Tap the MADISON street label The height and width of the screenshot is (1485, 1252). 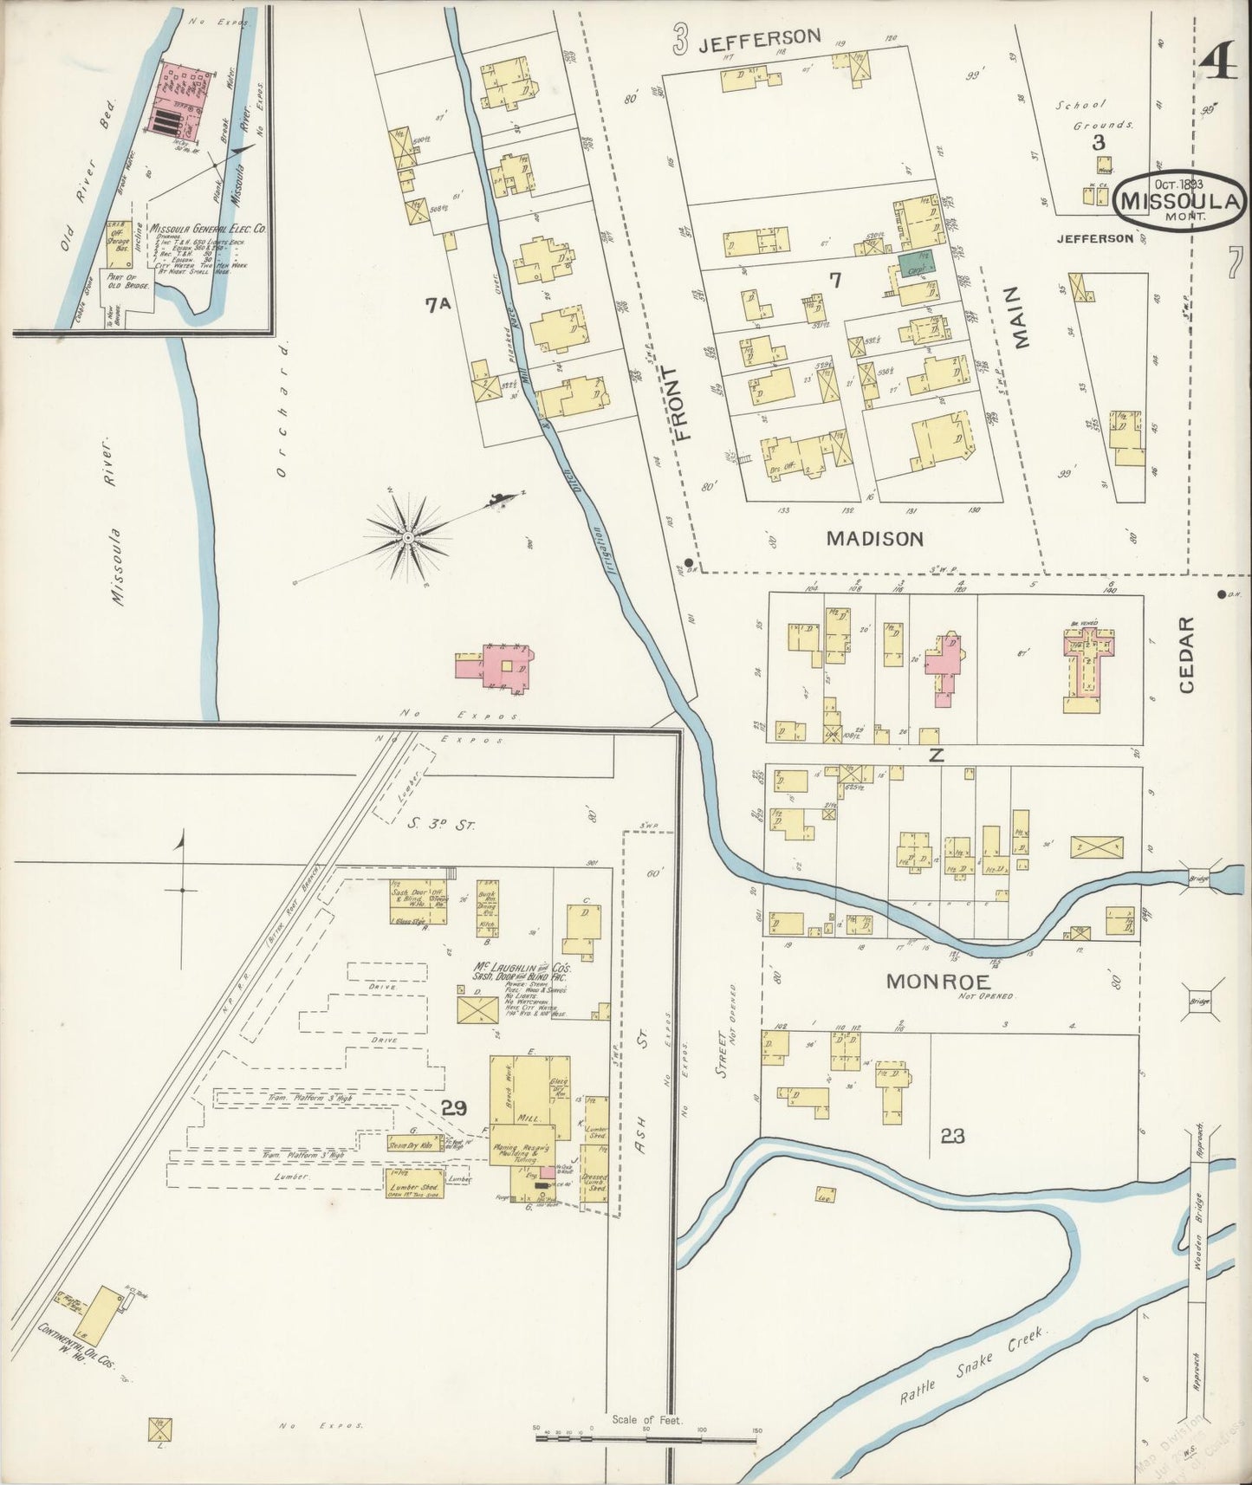point(874,538)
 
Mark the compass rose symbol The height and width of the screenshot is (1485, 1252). point(408,536)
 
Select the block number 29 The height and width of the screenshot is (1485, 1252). point(454,1106)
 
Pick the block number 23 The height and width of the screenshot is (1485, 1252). point(951,1134)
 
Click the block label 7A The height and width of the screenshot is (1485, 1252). point(439,303)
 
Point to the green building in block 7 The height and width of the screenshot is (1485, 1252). point(910,264)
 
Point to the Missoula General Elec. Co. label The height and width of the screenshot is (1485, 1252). point(208,230)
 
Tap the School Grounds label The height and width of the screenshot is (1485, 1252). point(1093,114)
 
